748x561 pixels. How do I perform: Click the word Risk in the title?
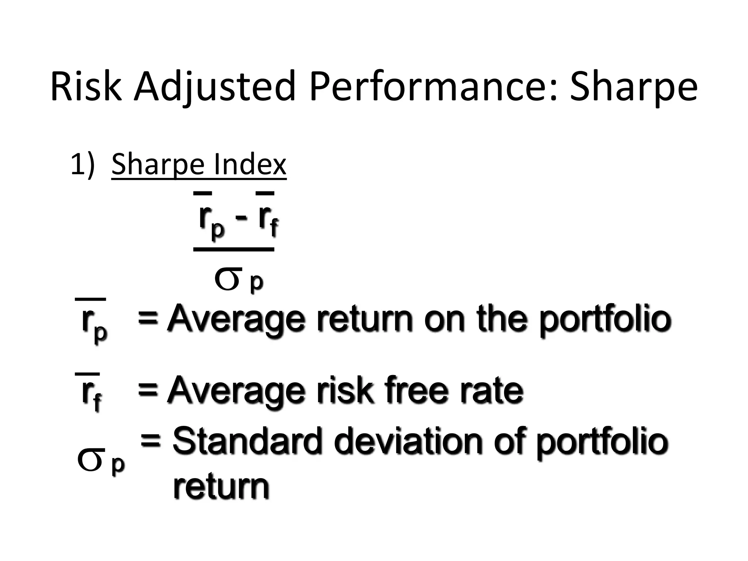(86, 87)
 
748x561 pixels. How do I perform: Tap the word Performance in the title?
(433, 87)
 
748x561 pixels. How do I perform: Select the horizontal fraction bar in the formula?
(234, 249)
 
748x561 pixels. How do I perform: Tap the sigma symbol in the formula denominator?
(228, 279)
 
